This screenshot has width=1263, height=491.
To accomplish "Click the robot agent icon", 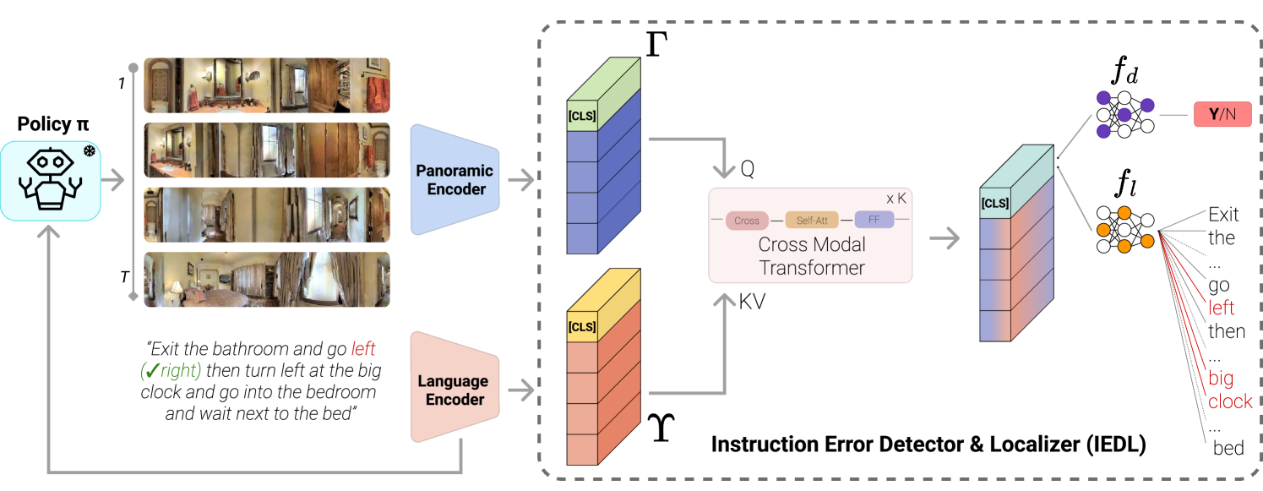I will [x=51, y=181].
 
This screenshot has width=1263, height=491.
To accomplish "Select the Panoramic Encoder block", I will [x=455, y=179].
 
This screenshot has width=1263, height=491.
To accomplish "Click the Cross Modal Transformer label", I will [x=811, y=256].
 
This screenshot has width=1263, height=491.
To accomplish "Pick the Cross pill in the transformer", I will [x=747, y=221].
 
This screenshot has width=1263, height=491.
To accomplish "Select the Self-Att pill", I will [x=812, y=221].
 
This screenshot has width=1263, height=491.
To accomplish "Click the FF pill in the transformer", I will [x=874, y=220].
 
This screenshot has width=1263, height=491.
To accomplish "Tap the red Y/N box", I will [x=1222, y=114].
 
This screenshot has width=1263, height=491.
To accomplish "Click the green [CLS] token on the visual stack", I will [x=583, y=116].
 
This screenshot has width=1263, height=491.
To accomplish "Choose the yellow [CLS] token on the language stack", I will [x=583, y=327].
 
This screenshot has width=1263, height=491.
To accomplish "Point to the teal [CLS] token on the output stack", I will [x=995, y=204].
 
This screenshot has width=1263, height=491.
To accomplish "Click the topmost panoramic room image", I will [x=267, y=85].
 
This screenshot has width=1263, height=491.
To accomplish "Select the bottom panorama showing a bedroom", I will [x=267, y=280].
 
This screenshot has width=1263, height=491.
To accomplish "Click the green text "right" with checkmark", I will [x=171, y=370].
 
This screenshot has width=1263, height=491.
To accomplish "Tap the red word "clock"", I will [x=1229, y=401].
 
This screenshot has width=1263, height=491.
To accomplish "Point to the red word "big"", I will [x=1220, y=378].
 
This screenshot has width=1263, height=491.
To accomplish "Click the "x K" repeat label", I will [x=896, y=199].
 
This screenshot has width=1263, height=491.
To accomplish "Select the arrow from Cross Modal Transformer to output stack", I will [x=945, y=239].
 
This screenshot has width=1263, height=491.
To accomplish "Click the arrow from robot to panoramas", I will [x=113, y=180].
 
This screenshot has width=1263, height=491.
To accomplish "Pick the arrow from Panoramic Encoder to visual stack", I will [x=522, y=180].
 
